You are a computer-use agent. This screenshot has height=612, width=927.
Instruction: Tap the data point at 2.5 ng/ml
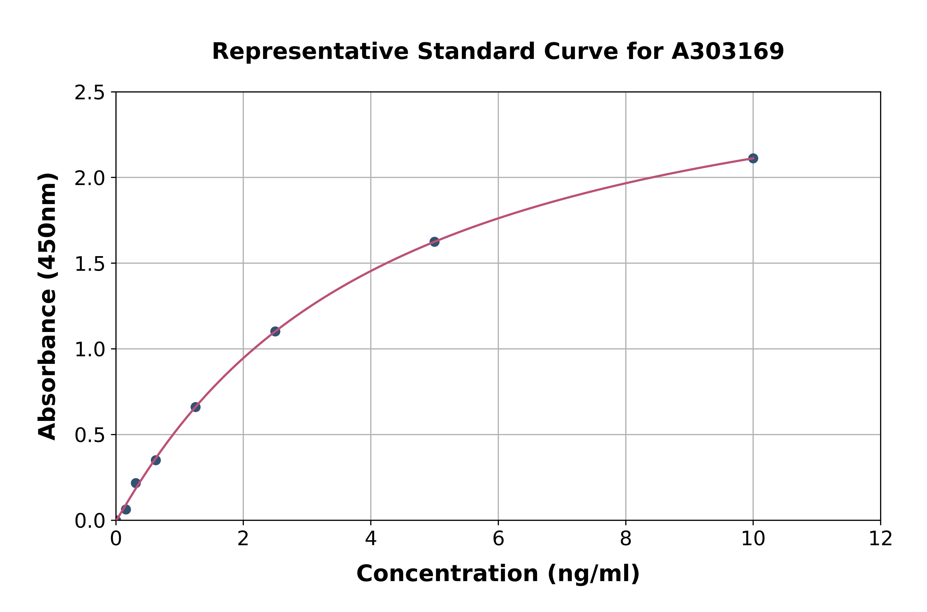pyautogui.click(x=275, y=331)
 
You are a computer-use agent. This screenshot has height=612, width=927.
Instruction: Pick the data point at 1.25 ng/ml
pyautogui.click(x=195, y=407)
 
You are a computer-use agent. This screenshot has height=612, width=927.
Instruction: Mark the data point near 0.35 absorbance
pyautogui.click(x=156, y=460)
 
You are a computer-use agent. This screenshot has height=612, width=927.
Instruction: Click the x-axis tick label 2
pyautogui.click(x=243, y=539)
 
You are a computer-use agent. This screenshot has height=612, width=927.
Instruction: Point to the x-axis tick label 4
pyautogui.click(x=371, y=539)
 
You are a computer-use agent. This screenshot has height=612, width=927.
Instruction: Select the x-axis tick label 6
pyautogui.click(x=498, y=539)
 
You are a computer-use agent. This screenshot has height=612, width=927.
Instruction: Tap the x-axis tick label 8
pyautogui.click(x=625, y=539)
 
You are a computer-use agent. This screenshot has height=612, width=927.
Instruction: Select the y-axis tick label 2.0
pyautogui.click(x=90, y=178)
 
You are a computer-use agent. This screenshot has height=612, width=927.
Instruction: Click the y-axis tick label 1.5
pyautogui.click(x=90, y=264)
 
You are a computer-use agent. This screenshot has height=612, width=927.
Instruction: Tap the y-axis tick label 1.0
pyautogui.click(x=90, y=349)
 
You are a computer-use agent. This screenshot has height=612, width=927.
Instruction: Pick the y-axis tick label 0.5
pyautogui.click(x=90, y=435)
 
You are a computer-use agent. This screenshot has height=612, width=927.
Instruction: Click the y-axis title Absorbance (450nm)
pyautogui.click(x=48, y=306)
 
